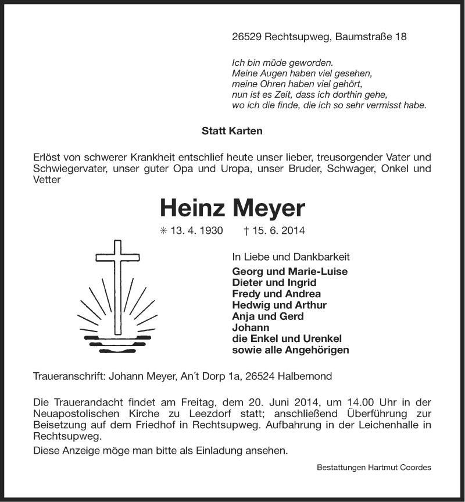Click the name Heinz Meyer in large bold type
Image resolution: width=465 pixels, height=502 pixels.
point(232,208)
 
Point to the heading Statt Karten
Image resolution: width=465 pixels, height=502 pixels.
point(232,131)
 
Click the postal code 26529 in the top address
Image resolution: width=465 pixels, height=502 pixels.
point(246,37)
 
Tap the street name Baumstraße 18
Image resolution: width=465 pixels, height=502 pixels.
point(371,37)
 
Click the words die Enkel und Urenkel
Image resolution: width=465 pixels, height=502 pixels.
point(287,339)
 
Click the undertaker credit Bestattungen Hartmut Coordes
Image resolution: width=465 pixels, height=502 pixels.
point(374,468)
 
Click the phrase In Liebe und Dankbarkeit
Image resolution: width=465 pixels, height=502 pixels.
point(291,257)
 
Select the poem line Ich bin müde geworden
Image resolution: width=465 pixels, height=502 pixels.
point(282,62)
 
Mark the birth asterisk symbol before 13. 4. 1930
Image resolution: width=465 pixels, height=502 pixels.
point(163,231)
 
